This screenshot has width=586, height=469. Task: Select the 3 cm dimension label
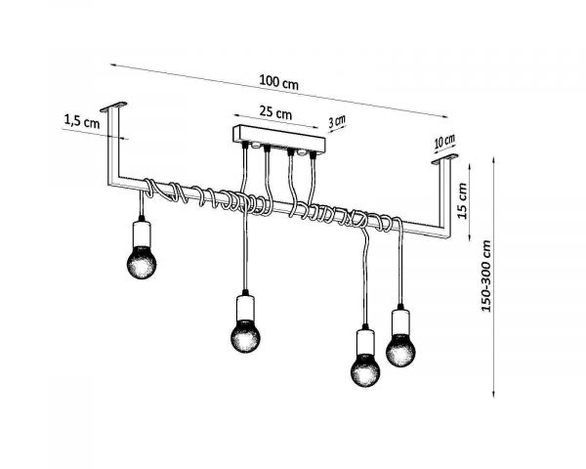click(x=337, y=122)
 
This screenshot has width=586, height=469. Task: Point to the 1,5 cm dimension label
click(x=81, y=121)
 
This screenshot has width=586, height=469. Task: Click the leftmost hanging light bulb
click(x=144, y=261)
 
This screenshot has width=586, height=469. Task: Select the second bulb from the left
click(x=245, y=335)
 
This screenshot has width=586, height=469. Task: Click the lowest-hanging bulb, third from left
click(x=366, y=370)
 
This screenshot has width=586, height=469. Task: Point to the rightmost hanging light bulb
click(x=400, y=349)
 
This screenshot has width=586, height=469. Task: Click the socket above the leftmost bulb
click(x=144, y=233)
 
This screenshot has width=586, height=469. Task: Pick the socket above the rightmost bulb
click(x=400, y=321)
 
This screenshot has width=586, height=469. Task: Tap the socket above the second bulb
click(x=245, y=307)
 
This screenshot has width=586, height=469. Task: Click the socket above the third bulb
click(x=366, y=342)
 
